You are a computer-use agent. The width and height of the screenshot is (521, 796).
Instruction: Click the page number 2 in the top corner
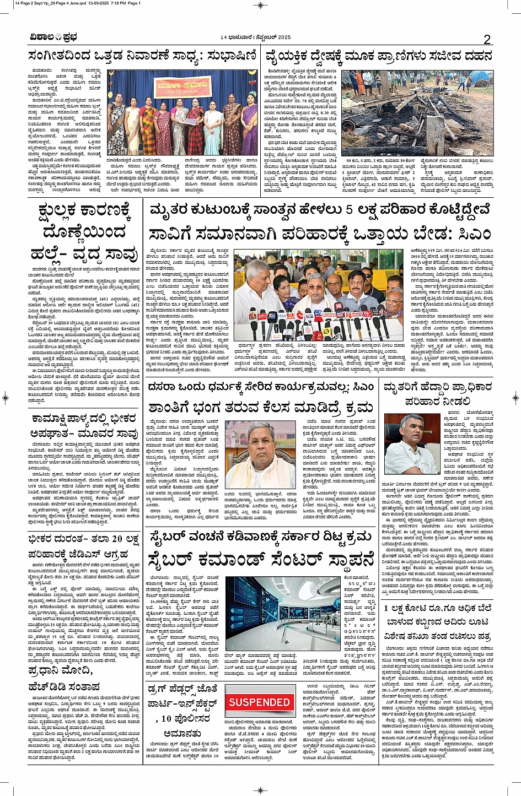[x=487, y=39]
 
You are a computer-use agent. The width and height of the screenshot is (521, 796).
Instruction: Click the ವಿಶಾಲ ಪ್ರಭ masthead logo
[x=53, y=37]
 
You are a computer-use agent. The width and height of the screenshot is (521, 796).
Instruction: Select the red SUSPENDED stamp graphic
[x=259, y=702]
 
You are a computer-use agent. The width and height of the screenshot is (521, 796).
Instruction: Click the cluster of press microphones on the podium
[x=309, y=328]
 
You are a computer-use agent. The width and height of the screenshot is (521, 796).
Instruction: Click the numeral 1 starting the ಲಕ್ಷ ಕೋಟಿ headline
[x=386, y=608]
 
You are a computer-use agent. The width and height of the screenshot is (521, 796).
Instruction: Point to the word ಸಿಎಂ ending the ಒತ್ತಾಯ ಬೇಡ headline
[x=473, y=234]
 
